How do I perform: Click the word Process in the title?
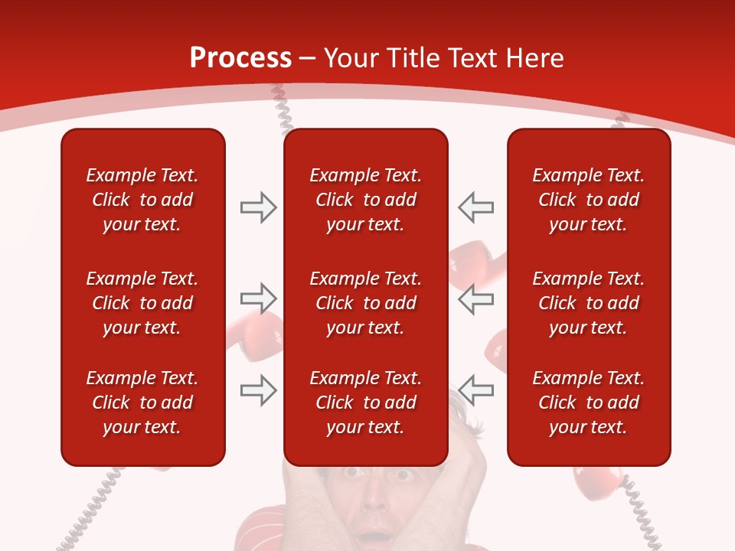coord(240,58)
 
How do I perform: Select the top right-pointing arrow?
coord(258,207)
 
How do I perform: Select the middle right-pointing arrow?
coord(258,298)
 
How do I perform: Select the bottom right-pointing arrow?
coord(258,390)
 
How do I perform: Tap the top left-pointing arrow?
coord(476,207)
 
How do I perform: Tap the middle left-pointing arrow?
coord(476,298)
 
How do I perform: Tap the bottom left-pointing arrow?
coord(476,390)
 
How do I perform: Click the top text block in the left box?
coord(142,200)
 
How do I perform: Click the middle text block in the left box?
coord(142,303)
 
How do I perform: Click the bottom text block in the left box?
coord(142,403)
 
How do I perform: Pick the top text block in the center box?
coord(365,200)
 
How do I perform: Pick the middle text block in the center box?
coord(365,303)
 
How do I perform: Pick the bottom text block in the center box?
coord(365,403)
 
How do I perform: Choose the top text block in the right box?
coord(588,200)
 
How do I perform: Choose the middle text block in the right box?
coord(588,303)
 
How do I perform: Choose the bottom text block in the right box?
coord(588,403)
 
